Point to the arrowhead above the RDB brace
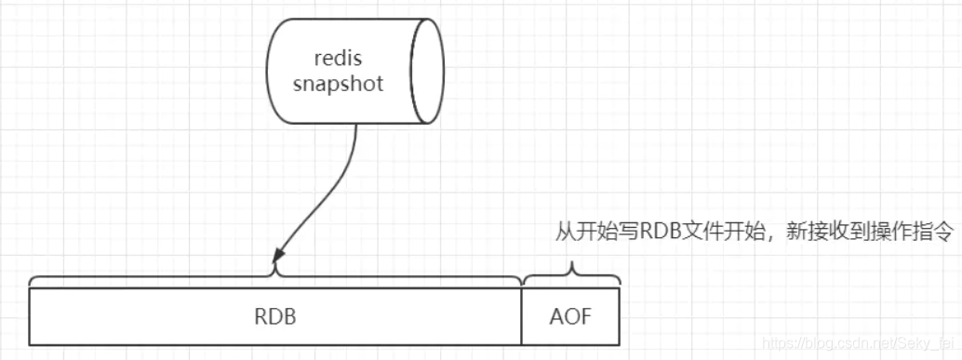tap(276, 252)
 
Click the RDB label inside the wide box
tap(274, 316)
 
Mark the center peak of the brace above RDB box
tap(275, 273)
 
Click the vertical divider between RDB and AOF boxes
tap(522, 316)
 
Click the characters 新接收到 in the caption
tap(807, 233)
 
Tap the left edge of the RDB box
tap(31, 316)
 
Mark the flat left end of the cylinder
tap(268, 70)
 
